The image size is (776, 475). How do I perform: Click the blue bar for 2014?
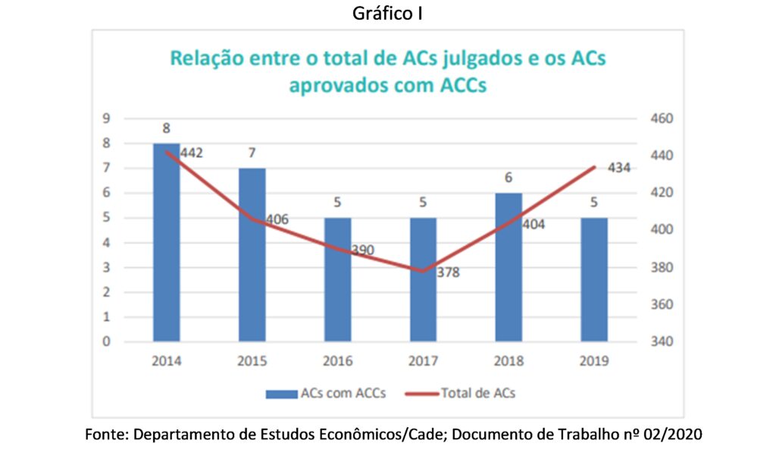(x=166, y=243)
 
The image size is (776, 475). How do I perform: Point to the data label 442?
(x=192, y=153)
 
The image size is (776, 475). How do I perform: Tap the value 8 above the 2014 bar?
(x=166, y=127)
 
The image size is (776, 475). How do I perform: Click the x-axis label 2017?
(x=424, y=361)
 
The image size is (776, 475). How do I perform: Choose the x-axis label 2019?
(x=595, y=361)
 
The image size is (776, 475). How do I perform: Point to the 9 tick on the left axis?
(x=107, y=118)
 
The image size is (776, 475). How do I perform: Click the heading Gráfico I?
(x=387, y=14)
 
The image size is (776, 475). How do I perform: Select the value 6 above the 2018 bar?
(x=509, y=177)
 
